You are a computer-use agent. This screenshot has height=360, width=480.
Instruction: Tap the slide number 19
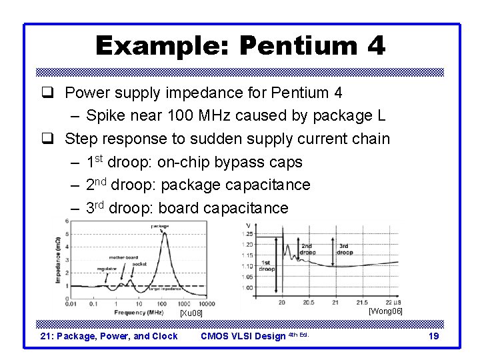click(433, 336)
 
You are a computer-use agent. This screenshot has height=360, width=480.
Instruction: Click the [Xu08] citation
click(191, 313)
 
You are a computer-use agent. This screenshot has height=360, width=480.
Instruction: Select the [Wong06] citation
click(385, 311)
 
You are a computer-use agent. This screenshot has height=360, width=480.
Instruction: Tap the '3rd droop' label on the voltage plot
click(345, 250)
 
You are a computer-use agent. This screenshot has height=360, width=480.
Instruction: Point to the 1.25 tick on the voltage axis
click(248, 234)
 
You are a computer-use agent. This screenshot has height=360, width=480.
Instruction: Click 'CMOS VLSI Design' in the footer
click(243, 336)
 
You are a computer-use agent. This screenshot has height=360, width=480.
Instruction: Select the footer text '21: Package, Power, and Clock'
click(109, 336)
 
